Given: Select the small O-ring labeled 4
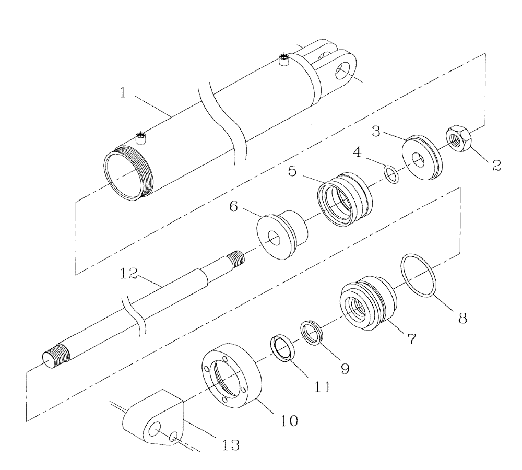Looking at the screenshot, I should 392,174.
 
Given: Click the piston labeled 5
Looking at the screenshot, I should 345,201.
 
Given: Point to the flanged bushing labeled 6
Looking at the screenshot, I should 282,236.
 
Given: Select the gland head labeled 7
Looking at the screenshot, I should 367,302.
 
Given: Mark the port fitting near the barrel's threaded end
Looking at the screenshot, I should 140,138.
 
